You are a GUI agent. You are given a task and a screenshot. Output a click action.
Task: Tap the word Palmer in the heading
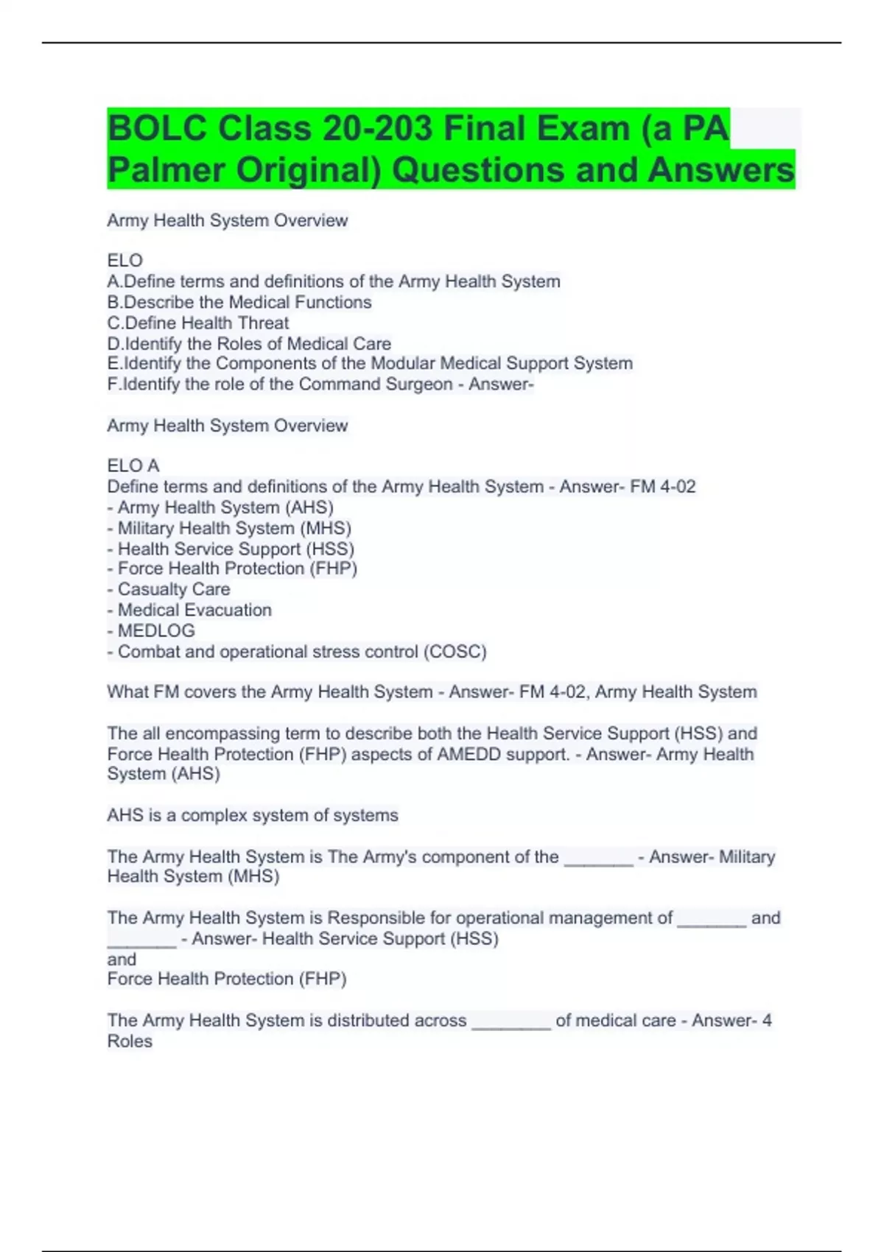(x=166, y=170)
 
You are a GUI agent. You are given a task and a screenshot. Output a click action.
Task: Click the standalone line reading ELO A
(x=133, y=465)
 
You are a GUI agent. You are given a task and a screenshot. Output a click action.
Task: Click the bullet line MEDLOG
(x=151, y=631)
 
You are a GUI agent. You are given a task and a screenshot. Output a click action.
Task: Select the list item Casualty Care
(x=169, y=589)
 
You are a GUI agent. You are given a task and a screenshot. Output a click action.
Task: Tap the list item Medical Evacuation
(x=189, y=610)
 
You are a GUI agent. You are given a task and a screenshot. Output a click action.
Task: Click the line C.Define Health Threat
(x=198, y=323)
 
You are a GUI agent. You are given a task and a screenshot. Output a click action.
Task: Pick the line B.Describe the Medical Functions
(x=239, y=302)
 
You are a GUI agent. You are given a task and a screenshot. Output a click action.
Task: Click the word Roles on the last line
(x=130, y=1041)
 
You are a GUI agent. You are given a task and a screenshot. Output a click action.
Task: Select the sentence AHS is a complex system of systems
(x=253, y=815)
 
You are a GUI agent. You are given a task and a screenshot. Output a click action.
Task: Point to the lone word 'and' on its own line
(x=122, y=959)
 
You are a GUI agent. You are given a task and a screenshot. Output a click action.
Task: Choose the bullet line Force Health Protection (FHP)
(x=232, y=569)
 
